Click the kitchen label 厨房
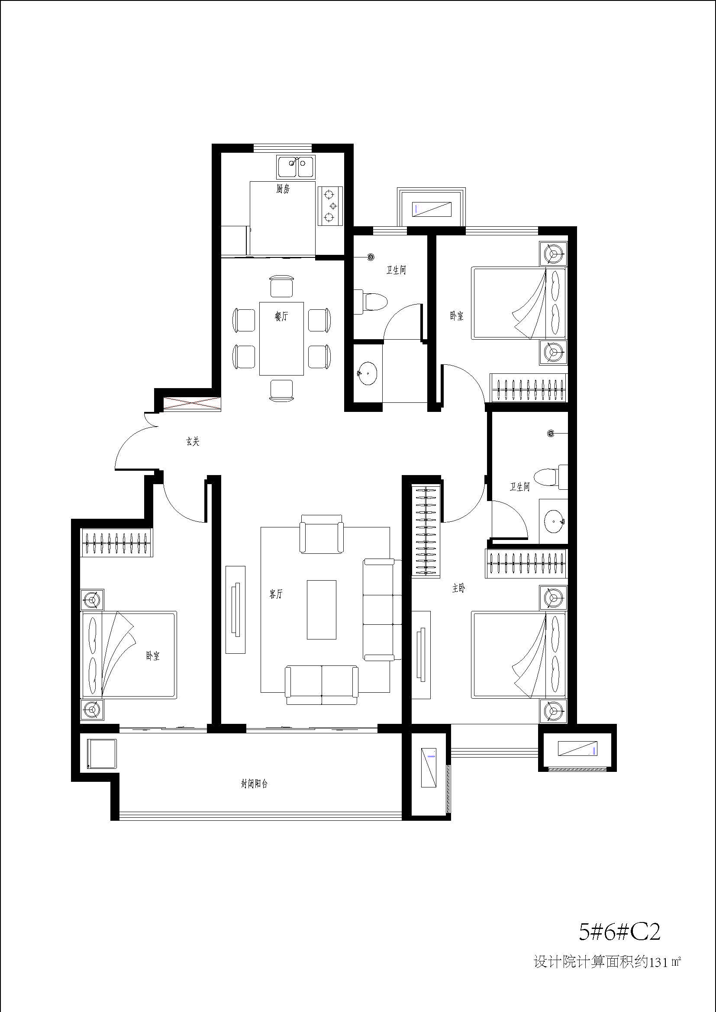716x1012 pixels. [x=283, y=190]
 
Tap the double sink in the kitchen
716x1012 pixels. [x=296, y=167]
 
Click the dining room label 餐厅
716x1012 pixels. [x=281, y=316]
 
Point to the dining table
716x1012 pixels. [x=282, y=338]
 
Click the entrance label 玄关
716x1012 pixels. [x=193, y=441]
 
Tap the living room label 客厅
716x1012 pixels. [x=277, y=594]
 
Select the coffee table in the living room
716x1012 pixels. [x=321, y=610]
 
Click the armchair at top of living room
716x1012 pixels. [x=321, y=534]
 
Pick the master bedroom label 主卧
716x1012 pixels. [x=458, y=588]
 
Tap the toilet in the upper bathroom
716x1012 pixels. [x=371, y=302]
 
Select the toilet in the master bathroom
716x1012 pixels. [x=551, y=477]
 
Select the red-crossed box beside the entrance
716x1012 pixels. [x=191, y=404]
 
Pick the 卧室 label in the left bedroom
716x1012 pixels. [x=153, y=656]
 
